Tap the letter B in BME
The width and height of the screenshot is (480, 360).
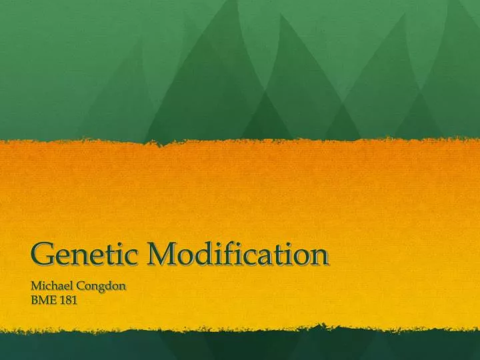click(x=35, y=301)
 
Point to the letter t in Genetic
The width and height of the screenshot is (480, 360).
click(x=109, y=255)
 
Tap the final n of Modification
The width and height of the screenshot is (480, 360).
click(x=321, y=256)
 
